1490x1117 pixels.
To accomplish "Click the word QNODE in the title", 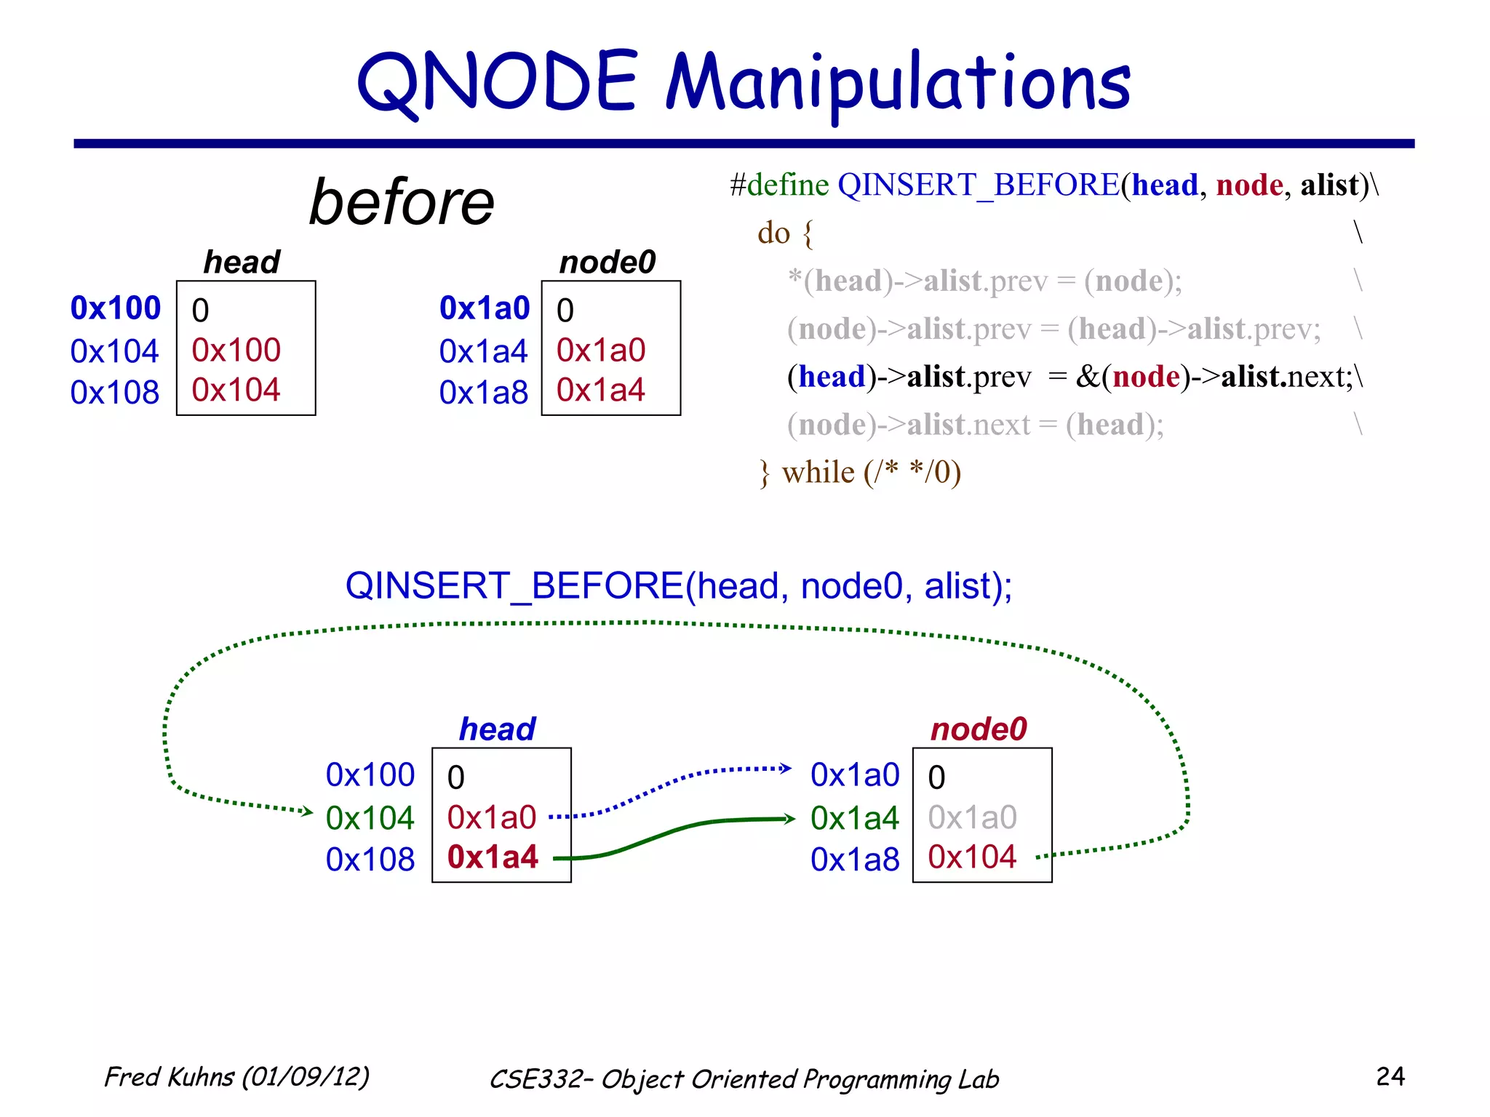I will coord(497,84).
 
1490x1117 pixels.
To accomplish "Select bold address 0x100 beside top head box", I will coord(115,308).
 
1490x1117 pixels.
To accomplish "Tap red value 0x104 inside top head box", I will coord(236,391).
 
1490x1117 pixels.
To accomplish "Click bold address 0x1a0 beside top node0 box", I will coord(485,308).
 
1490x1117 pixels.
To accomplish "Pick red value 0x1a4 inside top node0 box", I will coord(600,391).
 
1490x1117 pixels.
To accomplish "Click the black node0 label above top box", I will coord(607,262).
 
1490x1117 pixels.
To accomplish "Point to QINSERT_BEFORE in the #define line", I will coord(978,185).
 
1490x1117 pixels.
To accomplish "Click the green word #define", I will coord(779,185).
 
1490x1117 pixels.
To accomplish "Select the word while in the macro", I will coord(818,473).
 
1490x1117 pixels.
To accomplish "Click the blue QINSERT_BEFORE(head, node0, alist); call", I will coord(678,586).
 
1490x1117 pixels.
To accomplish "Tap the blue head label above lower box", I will coord(498,729).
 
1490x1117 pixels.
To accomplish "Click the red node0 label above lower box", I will coord(979,729).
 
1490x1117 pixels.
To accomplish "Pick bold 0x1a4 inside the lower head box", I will coord(493,857).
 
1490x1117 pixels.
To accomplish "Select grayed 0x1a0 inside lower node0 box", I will coord(972,817).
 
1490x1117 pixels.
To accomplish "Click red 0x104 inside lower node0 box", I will coord(972,857).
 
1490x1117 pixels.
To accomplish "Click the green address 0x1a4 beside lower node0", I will coord(855,819).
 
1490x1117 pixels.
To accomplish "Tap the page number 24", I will coord(1390,1076).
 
